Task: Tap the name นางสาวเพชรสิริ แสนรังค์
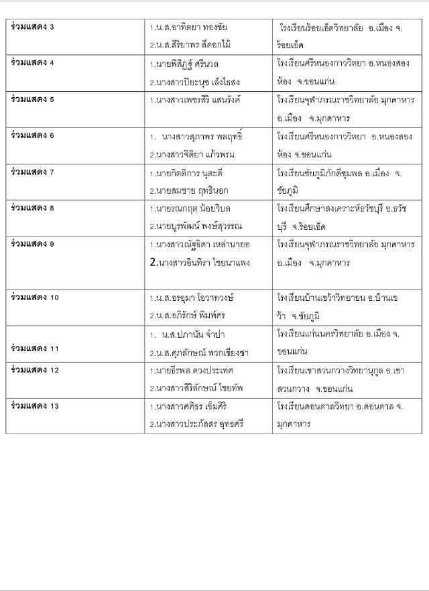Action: coord(194,100)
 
